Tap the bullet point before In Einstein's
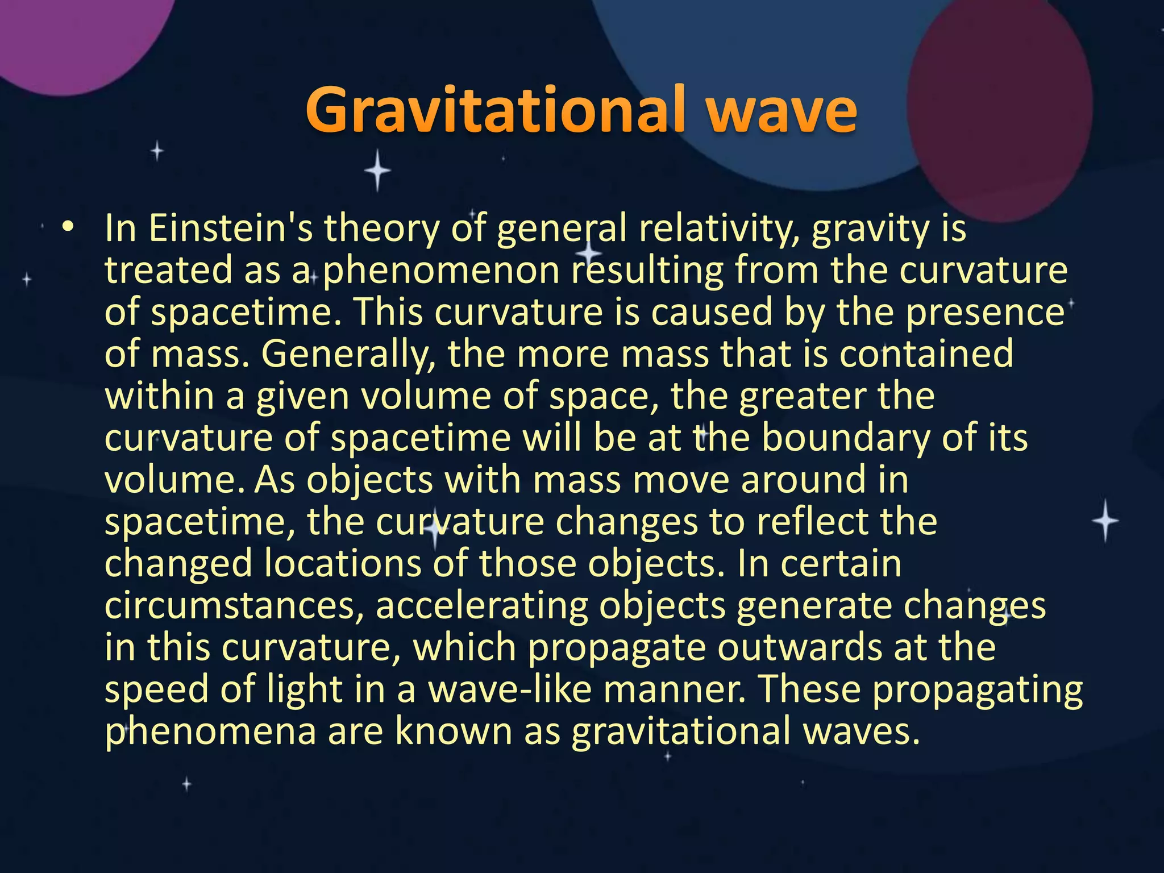(x=68, y=227)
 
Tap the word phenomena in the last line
(x=211, y=733)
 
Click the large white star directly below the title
(x=377, y=171)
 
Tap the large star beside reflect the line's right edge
(x=1105, y=521)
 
